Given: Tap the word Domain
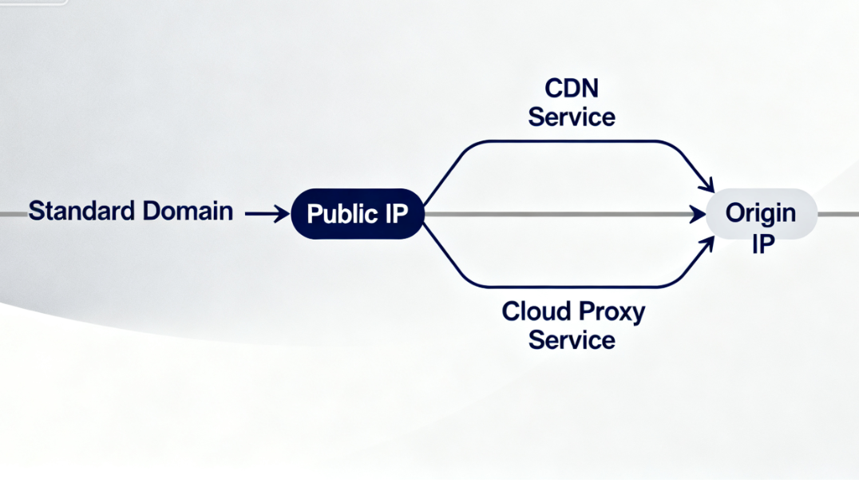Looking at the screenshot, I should coord(188,212).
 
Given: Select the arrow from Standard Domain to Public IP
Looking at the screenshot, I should coord(267,213).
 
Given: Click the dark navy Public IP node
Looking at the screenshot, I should coord(357,214).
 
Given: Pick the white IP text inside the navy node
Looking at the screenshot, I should coord(394,214).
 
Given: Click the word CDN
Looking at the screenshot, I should coord(572,87).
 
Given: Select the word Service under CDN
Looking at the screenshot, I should coord(572,117).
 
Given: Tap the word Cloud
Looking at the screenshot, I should coord(534,311).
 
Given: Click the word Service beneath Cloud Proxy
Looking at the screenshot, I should coord(572,340).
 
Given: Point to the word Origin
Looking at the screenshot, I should coord(760,213).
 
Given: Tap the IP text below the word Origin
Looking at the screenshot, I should coord(762,243).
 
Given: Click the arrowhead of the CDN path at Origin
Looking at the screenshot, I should coord(707,185).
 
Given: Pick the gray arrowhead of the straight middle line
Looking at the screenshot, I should coord(700,214).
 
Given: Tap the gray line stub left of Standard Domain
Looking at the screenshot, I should coord(12,214).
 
